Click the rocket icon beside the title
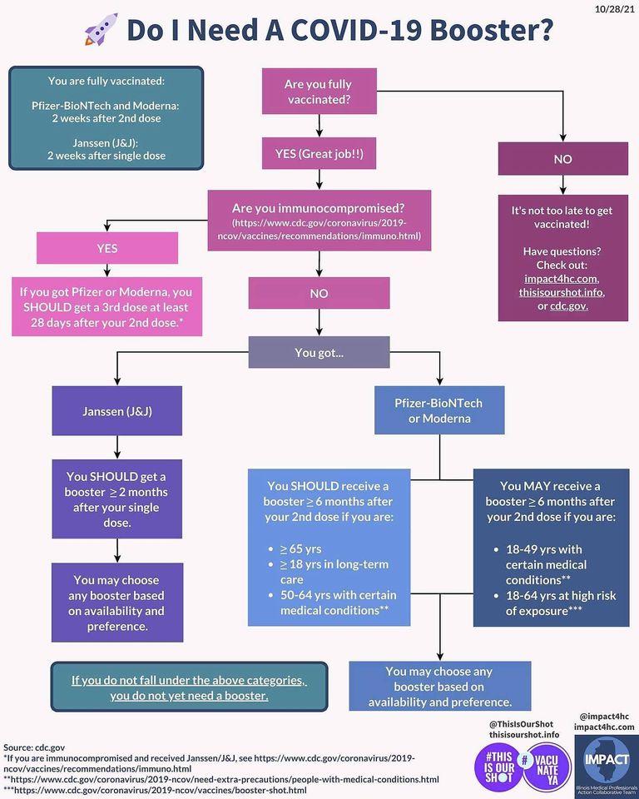[101, 29]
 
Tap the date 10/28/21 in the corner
[615, 10]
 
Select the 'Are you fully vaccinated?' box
[319, 92]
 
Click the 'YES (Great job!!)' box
[319, 153]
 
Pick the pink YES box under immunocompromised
[107, 248]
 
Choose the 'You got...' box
[319, 352]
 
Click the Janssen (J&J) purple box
[117, 410]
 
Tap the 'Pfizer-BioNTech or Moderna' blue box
[439, 410]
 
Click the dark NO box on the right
[563, 159]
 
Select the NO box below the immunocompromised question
[319, 293]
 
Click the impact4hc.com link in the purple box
[562, 279]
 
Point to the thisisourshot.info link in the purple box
[562, 292]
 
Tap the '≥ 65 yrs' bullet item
[300, 548]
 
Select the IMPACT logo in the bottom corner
[607, 767]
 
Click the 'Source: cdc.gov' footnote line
[34, 747]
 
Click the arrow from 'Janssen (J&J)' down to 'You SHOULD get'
[117, 448]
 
